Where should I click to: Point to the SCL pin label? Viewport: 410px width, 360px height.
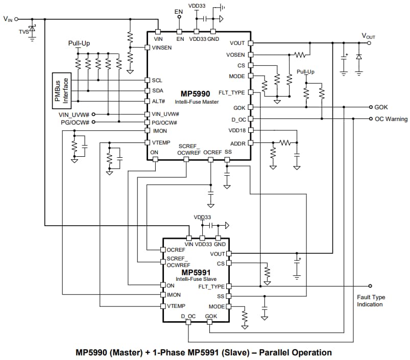point(157,81)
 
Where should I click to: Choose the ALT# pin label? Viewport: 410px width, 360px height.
point(158,101)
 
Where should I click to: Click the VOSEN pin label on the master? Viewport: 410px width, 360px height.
point(235,55)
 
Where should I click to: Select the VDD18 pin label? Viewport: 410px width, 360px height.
point(236,131)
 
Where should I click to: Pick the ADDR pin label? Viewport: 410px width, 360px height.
point(238,143)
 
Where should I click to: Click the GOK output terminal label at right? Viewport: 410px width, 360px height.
point(381,107)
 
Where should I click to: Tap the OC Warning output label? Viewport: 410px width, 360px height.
point(391,119)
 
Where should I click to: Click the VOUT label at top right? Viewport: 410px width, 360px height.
point(368,36)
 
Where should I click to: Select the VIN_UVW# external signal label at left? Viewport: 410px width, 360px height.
point(74,114)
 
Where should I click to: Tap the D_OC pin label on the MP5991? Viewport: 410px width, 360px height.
point(188,317)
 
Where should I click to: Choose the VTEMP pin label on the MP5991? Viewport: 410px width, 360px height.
point(176,306)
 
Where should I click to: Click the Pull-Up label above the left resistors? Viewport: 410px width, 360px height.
point(79,43)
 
